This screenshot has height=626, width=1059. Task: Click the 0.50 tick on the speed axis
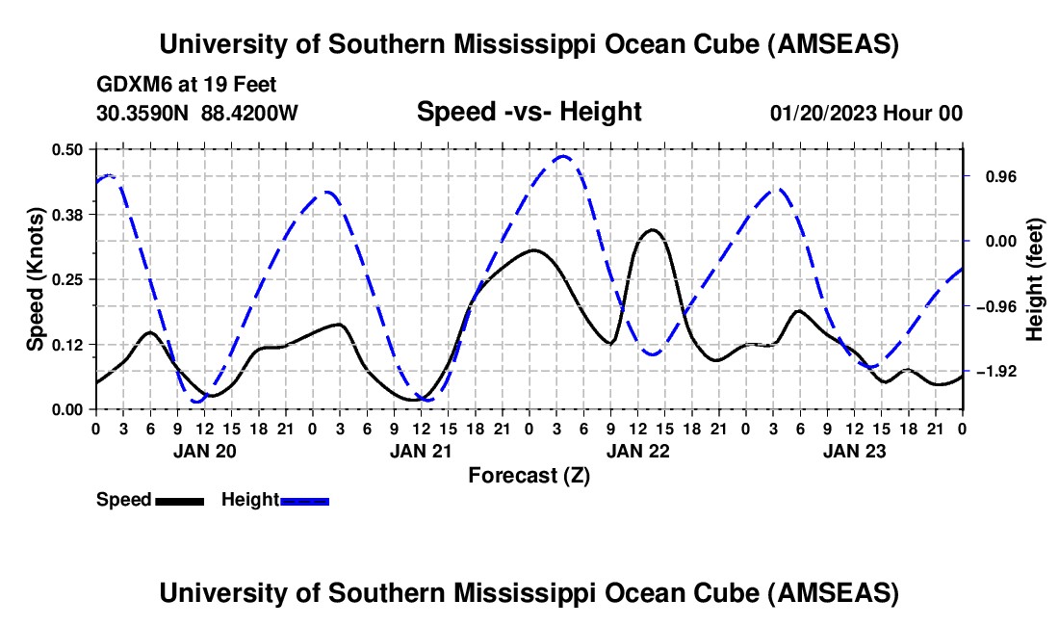[70, 149]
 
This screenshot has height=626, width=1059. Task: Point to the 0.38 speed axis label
[70, 214]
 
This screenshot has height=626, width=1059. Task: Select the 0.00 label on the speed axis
[70, 409]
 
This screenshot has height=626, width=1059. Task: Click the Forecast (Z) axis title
[529, 475]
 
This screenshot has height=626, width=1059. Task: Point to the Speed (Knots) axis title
[35, 279]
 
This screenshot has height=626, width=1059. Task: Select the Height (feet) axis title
[1035, 279]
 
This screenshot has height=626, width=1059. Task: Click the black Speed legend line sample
[179, 500]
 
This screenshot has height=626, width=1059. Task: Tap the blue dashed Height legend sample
[304, 500]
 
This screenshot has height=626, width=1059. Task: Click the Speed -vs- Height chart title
[529, 113]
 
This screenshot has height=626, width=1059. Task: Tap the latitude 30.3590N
[143, 114]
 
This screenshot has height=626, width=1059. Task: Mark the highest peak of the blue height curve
[563, 156]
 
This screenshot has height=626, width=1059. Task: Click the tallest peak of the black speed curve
[652, 229]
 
